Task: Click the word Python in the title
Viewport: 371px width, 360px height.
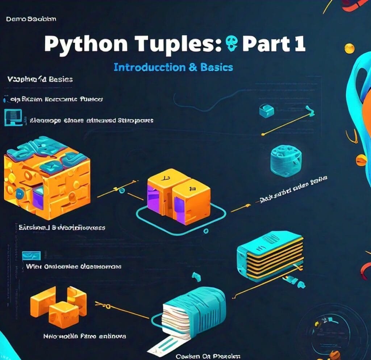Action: coord(86,44)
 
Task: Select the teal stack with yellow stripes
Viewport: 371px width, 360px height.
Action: coord(270,257)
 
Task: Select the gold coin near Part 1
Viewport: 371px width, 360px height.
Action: coord(349,48)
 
